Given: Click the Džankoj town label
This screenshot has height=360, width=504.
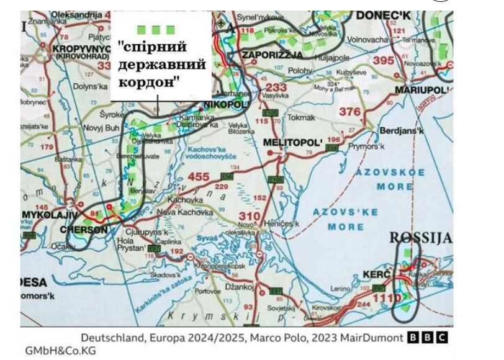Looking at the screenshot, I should pyautogui.click(x=240, y=286).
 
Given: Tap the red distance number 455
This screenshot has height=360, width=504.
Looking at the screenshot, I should pyautogui.click(x=199, y=177).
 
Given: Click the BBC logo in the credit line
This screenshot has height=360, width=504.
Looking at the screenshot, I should pyautogui.click(x=427, y=338).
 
